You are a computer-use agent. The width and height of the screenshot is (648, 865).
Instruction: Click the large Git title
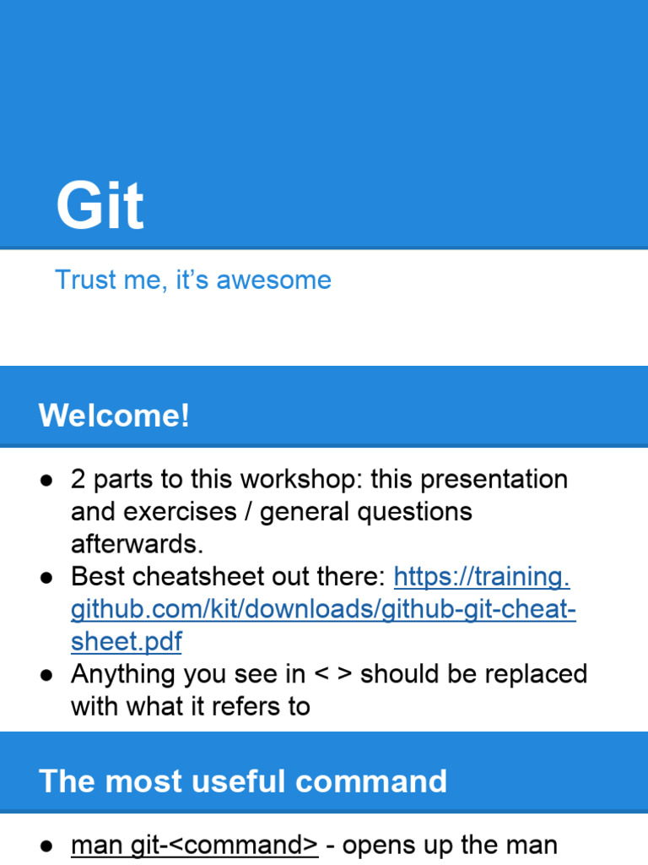tap(100, 205)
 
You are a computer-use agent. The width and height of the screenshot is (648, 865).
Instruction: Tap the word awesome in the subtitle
tap(274, 280)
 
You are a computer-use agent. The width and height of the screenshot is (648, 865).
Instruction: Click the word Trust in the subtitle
tap(86, 279)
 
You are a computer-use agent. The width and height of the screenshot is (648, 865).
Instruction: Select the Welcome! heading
tap(114, 415)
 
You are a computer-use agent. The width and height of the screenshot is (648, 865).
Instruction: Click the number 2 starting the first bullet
tap(78, 479)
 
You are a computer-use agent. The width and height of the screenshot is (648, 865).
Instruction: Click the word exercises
tap(180, 511)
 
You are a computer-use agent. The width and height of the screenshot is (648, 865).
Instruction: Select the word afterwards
tap(138, 544)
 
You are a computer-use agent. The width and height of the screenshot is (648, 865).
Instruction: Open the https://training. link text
tap(482, 577)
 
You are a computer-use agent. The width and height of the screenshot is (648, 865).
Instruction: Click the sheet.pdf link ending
tap(127, 642)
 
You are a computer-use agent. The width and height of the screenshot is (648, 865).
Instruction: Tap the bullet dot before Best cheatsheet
tap(46, 578)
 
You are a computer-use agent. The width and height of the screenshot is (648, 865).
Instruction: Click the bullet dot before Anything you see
tap(46, 676)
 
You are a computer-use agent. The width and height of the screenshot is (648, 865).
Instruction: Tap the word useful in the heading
tap(238, 781)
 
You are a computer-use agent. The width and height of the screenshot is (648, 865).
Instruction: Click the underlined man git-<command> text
tap(195, 845)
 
